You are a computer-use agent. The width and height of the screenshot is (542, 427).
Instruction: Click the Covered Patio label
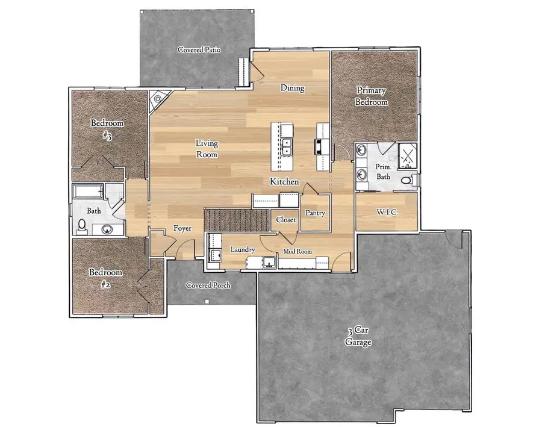(199, 50)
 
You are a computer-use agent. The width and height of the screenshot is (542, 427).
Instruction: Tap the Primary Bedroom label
(371, 96)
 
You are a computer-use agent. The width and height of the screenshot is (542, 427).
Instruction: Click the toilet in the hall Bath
(83, 226)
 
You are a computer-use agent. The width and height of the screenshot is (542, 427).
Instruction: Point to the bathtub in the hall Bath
(88, 192)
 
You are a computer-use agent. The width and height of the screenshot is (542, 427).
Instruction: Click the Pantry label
(315, 213)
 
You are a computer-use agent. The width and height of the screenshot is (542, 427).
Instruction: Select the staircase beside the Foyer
(236, 219)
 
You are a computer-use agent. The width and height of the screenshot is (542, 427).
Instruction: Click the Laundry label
(243, 249)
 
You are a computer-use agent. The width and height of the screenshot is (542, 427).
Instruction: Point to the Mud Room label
(298, 251)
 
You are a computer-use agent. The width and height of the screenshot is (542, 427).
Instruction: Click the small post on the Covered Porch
(207, 301)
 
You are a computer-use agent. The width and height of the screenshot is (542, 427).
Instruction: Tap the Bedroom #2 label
(106, 276)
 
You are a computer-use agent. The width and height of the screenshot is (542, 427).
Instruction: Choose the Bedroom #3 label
(107, 129)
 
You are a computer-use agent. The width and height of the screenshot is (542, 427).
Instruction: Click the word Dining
(292, 88)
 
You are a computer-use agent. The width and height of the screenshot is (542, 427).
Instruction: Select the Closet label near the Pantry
(285, 220)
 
